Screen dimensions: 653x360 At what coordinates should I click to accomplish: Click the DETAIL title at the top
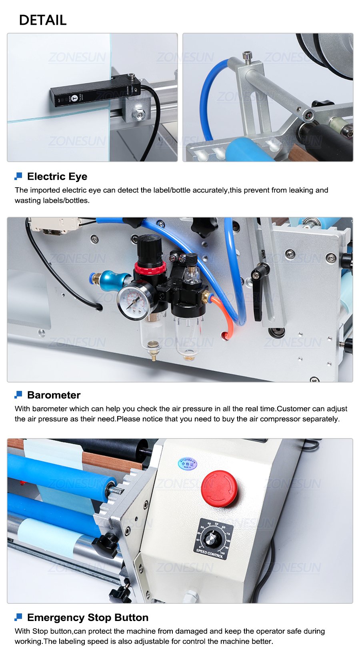[43, 20]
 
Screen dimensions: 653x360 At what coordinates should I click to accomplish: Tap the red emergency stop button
[219, 489]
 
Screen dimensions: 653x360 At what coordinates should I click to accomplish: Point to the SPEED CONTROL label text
[210, 554]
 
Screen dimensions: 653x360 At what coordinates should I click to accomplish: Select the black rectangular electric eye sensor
[94, 93]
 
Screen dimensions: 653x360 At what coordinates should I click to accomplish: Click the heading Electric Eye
[57, 176]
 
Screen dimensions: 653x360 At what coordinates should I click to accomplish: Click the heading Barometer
[54, 395]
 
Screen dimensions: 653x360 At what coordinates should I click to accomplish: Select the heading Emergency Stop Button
[88, 617]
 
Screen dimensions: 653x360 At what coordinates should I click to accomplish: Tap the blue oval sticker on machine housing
[187, 463]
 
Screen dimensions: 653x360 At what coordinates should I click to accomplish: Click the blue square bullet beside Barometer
[18, 395]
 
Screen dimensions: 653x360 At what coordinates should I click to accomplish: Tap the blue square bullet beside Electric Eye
[18, 176]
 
